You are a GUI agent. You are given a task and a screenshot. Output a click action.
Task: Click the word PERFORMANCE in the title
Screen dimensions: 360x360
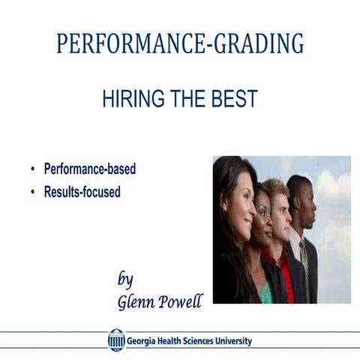click(120, 44)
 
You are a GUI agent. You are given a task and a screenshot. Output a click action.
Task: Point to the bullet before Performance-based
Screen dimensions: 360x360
click(33, 169)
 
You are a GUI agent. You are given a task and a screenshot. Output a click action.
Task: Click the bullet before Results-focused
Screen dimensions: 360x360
click(33, 192)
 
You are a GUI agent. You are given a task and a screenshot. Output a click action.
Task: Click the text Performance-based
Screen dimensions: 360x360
click(90, 169)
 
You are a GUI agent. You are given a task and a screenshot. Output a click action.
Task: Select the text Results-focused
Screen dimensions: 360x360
click(82, 192)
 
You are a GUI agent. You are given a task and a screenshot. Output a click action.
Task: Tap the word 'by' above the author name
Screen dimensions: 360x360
click(125, 280)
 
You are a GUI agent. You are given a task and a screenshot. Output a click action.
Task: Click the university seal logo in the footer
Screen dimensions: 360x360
click(116, 340)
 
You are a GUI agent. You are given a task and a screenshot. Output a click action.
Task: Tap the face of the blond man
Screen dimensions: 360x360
click(280, 206)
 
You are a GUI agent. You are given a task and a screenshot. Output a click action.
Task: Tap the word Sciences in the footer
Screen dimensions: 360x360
click(190, 341)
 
